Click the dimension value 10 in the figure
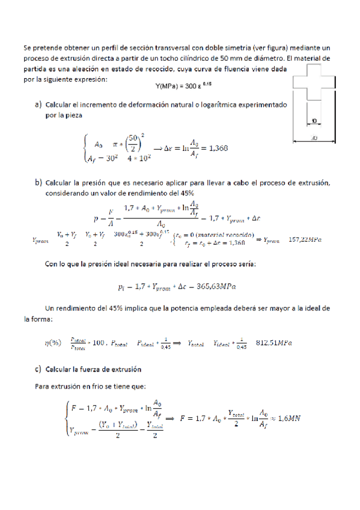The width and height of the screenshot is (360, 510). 314,121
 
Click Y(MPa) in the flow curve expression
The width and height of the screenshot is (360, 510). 166,86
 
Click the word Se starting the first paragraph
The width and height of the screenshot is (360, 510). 27,47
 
